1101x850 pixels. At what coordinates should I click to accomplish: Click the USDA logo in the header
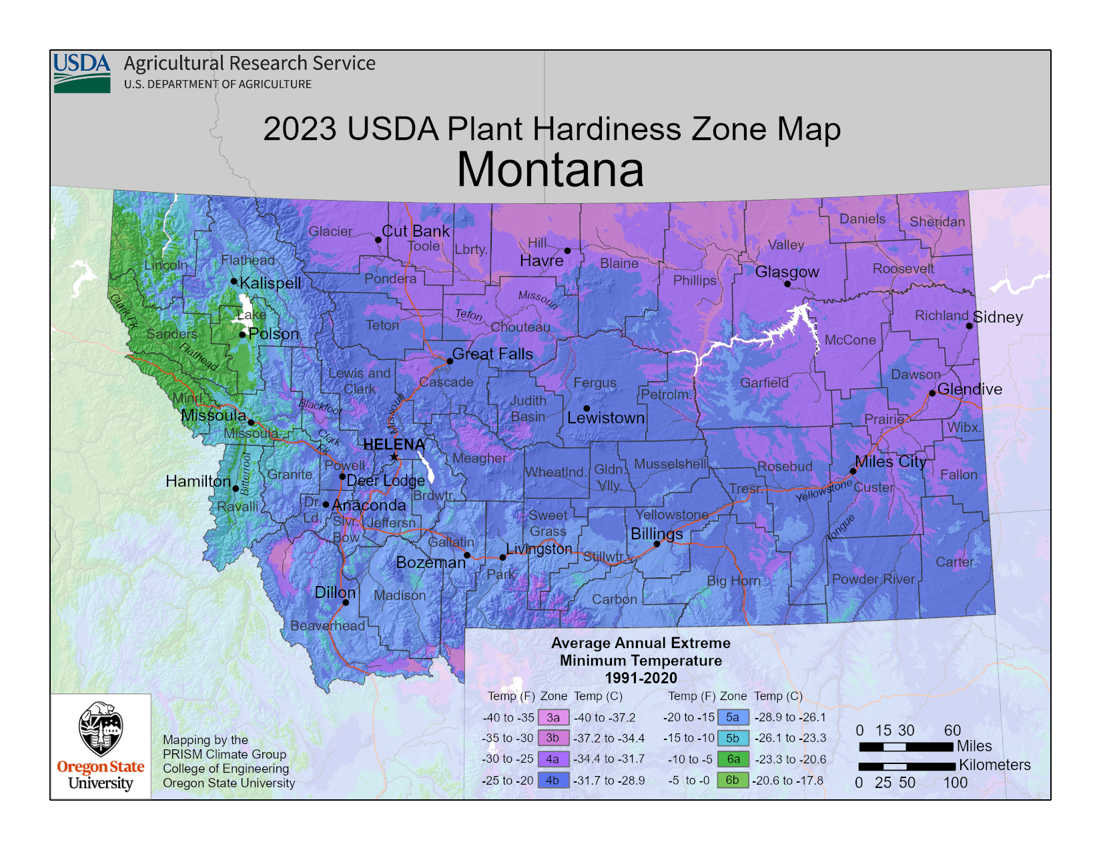pyautogui.click(x=81, y=73)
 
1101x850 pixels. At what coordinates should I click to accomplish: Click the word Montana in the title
pyautogui.click(x=550, y=169)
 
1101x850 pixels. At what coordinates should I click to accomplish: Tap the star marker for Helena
pyautogui.click(x=394, y=457)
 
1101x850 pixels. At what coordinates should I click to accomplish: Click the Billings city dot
pyautogui.click(x=657, y=544)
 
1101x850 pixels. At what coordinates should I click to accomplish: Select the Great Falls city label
pyautogui.click(x=492, y=354)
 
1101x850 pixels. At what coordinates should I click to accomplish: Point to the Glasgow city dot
pyautogui.click(x=787, y=284)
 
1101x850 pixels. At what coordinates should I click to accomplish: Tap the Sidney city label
pyautogui.click(x=998, y=317)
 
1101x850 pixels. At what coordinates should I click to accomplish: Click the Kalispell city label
pyautogui.click(x=270, y=283)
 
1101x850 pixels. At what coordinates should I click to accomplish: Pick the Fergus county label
pyautogui.click(x=595, y=383)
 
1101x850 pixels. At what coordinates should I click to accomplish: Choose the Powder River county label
pyautogui.click(x=873, y=579)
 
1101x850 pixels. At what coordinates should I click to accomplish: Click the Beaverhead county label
pyautogui.click(x=328, y=625)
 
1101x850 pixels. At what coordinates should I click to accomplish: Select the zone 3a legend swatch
pyautogui.click(x=553, y=717)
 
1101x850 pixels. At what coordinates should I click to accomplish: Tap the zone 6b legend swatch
pyautogui.click(x=732, y=780)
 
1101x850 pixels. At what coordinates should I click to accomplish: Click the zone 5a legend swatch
pyautogui.click(x=732, y=717)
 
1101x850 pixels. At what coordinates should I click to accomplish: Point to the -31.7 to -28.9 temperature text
pyautogui.click(x=609, y=780)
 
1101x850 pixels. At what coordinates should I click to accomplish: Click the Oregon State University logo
pyautogui.click(x=101, y=746)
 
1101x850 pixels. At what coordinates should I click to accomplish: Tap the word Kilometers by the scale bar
pyautogui.click(x=994, y=765)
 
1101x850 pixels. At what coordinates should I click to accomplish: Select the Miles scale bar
pyautogui.click(x=905, y=747)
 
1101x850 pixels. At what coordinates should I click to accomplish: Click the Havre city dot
pyautogui.click(x=567, y=251)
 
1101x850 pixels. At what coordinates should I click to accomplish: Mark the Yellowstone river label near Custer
pyautogui.click(x=823, y=491)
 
